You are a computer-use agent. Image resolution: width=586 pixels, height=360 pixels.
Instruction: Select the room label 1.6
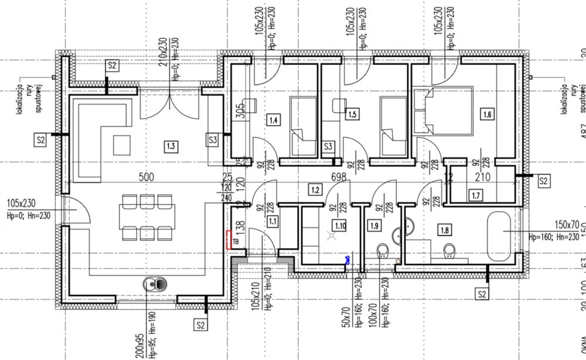[x=486, y=115]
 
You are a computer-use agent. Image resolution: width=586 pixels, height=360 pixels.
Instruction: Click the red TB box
[x=231, y=240]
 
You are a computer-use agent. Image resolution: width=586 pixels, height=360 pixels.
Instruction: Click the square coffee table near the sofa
[x=123, y=144]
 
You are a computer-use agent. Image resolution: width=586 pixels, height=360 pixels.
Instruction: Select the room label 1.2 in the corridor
[x=315, y=189]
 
